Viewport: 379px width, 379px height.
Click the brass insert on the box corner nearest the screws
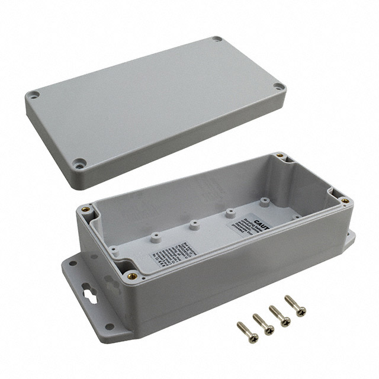tap(132, 275)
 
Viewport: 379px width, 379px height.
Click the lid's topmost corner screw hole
tap(217, 39)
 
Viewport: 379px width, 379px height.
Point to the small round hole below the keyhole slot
tap(109, 326)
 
